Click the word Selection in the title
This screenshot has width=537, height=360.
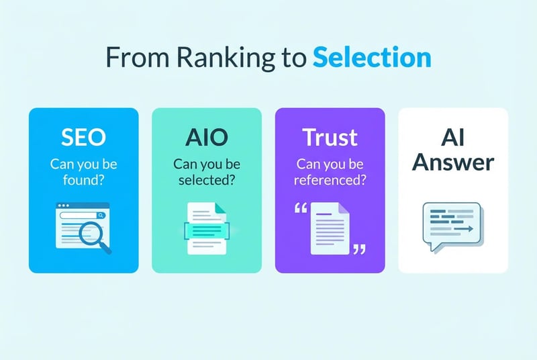click(x=371, y=58)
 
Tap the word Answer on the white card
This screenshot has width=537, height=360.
click(x=453, y=162)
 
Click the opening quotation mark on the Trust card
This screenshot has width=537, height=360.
click(x=300, y=208)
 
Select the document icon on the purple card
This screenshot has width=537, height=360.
click(x=330, y=229)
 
